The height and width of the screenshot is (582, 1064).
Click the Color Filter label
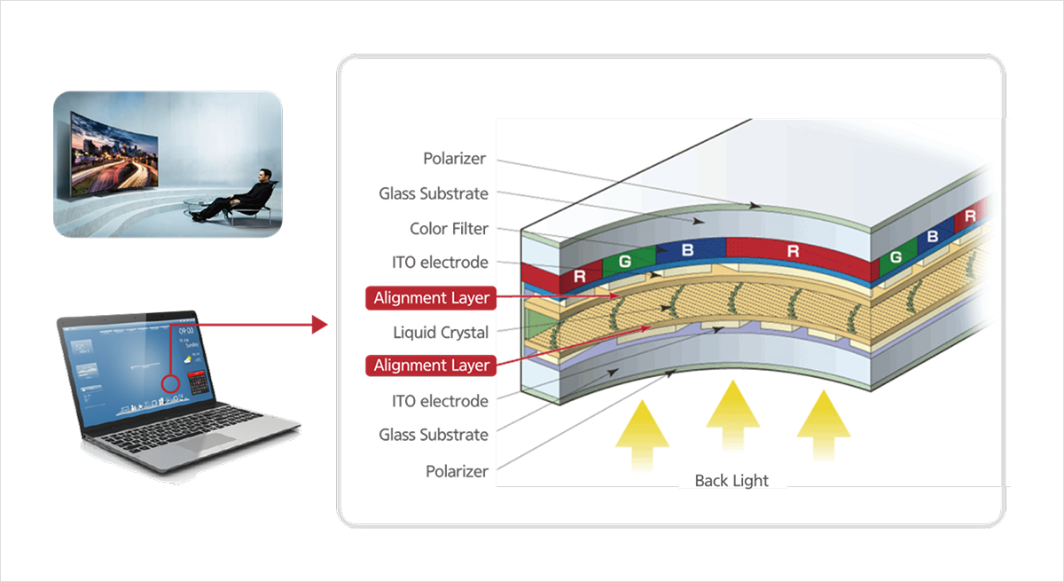(x=449, y=229)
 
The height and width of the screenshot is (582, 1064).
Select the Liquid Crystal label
(x=441, y=333)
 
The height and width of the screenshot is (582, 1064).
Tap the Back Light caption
(x=731, y=480)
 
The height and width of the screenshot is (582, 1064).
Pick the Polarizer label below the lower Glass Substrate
(x=457, y=471)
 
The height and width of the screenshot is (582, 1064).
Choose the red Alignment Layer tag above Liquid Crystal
(x=431, y=298)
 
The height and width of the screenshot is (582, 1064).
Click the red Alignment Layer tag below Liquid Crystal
(x=431, y=366)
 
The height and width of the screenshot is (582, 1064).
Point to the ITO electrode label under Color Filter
(x=440, y=263)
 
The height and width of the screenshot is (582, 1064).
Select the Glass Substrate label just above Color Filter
(x=433, y=193)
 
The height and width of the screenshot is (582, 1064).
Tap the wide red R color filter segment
(x=793, y=252)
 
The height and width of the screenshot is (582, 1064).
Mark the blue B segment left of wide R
(x=687, y=251)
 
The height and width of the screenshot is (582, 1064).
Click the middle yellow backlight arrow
(x=732, y=413)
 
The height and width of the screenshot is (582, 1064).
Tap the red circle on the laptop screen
(x=171, y=385)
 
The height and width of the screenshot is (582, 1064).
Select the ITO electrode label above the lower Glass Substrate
(x=440, y=401)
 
